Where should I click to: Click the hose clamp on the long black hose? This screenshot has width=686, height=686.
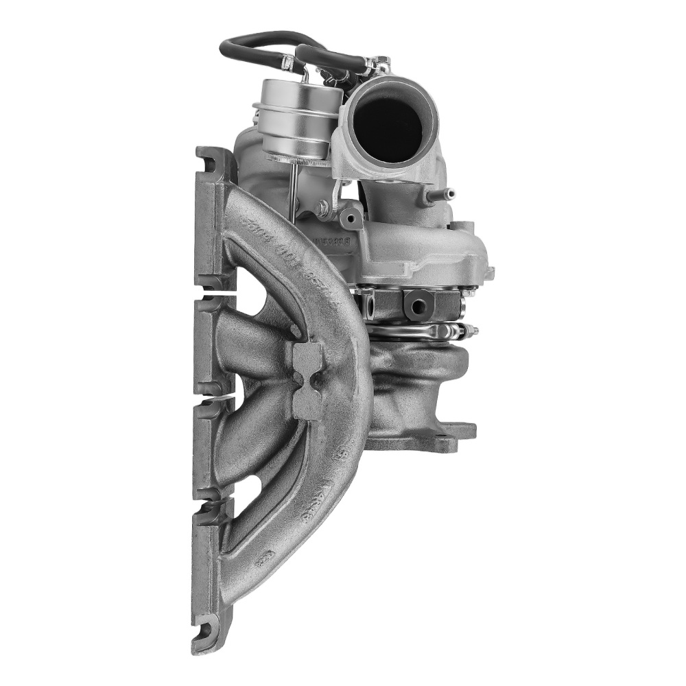click(x=287, y=63)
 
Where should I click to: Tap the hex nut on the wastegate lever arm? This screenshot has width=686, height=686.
click(x=323, y=206)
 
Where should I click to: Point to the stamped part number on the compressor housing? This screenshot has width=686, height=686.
click(x=331, y=241)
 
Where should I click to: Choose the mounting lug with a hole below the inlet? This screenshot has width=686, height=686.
click(x=351, y=218)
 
